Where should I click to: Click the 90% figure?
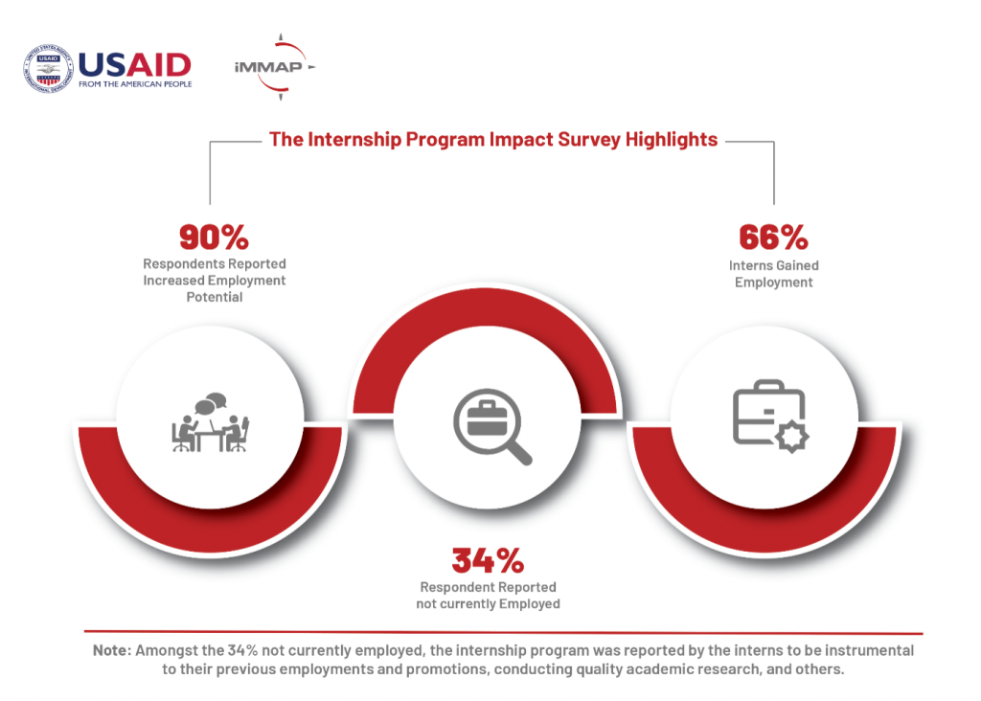coord(214,237)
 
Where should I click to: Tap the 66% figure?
coord(774,237)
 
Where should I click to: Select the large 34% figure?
coord(488,560)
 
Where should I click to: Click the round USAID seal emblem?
coord(48,69)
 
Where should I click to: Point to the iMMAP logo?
coord(275,67)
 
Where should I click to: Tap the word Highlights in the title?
coord(672,140)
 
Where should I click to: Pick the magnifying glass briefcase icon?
coord(492,426)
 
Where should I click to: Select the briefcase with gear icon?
coord(771,416)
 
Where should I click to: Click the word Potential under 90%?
coord(215,297)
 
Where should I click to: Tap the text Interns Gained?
coord(774,265)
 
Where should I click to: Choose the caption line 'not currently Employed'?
coord(488,603)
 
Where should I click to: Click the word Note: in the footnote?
coord(112,650)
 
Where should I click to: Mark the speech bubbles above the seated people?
coord(210,403)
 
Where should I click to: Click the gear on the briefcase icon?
coord(792,437)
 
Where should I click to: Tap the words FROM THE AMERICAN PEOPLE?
coord(135,84)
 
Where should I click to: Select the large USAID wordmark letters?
coord(134,65)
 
